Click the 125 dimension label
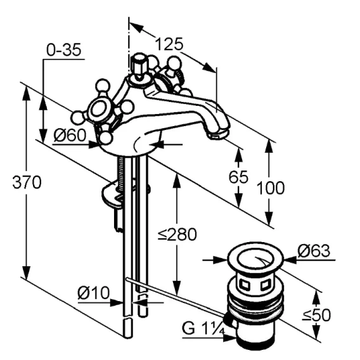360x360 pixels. (x=169, y=44)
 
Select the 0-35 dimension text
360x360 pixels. (x=64, y=49)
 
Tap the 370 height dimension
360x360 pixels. (x=27, y=182)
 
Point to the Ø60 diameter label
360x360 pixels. (x=70, y=135)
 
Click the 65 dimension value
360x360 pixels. (x=238, y=177)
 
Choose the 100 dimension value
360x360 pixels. (x=270, y=188)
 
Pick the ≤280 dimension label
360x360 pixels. (x=177, y=235)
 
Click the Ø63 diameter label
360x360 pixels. (x=314, y=251)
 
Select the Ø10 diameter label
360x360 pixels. (x=94, y=293)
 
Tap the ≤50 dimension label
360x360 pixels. (x=316, y=315)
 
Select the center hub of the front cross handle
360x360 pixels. (x=99, y=110)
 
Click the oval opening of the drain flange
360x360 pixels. (x=255, y=258)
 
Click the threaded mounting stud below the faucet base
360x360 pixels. (x=120, y=172)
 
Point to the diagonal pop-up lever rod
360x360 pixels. (x=175, y=297)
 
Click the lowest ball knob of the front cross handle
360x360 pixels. (x=106, y=138)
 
